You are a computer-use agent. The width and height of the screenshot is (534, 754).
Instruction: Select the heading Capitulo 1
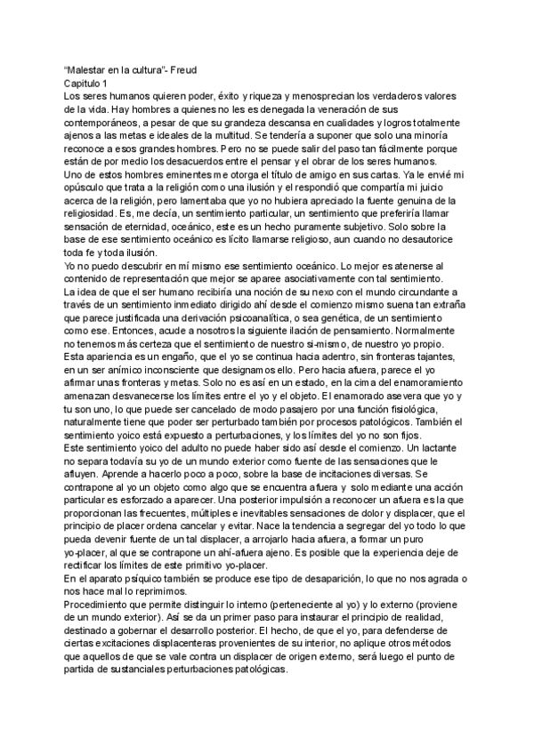click(79, 80)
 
